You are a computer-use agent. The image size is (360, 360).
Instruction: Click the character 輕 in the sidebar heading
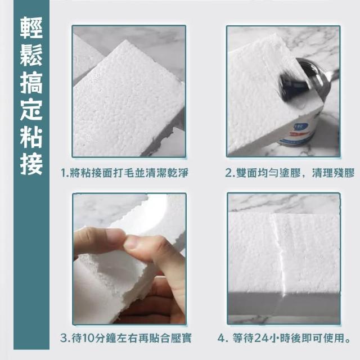31,28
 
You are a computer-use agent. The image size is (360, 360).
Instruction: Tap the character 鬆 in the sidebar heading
31,55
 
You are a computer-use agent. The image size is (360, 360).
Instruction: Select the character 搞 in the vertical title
31,83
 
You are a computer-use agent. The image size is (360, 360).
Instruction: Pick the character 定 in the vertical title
31,110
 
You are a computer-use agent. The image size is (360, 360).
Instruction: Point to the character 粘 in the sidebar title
31,137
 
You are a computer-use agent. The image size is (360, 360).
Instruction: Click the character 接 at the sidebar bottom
31,164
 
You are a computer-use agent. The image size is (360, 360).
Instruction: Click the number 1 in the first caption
63,173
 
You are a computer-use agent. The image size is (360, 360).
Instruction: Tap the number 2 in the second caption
228,173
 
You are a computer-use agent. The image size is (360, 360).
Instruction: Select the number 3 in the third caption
64,338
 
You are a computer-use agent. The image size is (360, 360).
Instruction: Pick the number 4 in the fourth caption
221,338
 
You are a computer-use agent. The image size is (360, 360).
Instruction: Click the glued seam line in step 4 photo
278,253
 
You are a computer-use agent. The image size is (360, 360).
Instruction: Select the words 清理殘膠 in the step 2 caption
334,173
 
